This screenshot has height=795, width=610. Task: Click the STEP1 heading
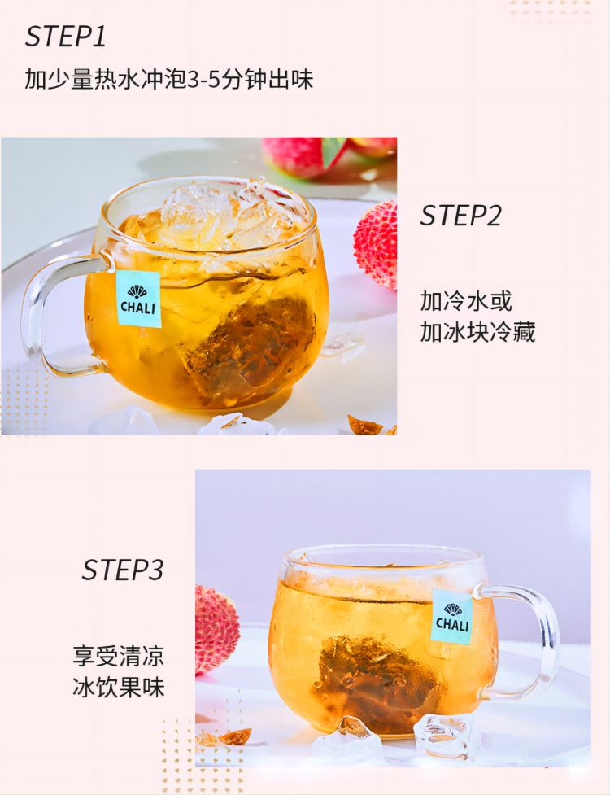[x=66, y=37]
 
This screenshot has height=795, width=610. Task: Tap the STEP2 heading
[x=461, y=216]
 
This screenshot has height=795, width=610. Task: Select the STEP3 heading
[x=123, y=570]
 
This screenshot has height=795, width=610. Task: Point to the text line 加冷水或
[x=466, y=300]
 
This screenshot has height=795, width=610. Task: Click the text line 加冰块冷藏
[x=477, y=332]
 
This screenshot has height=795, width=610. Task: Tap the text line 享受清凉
[x=119, y=656]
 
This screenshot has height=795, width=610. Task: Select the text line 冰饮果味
[x=119, y=688]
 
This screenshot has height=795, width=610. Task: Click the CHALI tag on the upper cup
[x=138, y=299]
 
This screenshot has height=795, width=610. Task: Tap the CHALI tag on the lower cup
[x=452, y=617]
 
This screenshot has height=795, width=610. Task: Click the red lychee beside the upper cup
[x=376, y=244]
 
